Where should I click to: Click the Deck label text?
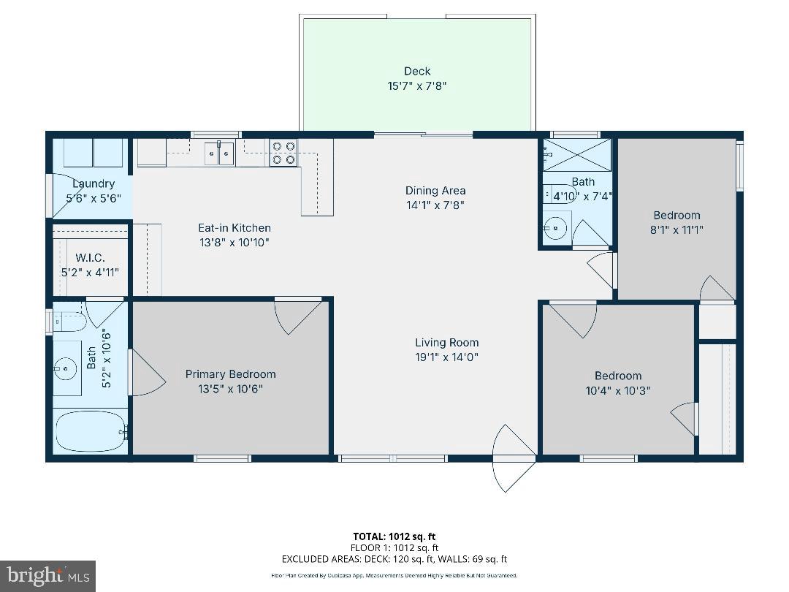417,71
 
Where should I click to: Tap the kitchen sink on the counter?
219,153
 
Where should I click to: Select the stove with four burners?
283,153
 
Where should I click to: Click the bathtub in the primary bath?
88,431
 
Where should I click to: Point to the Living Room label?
446,342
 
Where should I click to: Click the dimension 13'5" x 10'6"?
230,389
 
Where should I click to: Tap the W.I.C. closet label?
91,257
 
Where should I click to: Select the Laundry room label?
94,183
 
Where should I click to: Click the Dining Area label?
435,191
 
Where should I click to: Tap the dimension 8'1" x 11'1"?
676,229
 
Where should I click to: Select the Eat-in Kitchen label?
235,227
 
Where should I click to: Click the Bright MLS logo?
47,576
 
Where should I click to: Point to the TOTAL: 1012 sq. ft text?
394,536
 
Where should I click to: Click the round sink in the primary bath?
66,368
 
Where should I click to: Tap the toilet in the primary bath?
69,321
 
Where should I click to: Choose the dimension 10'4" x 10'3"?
617,390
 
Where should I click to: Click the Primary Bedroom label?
230,374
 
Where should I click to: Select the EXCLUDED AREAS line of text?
394,559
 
